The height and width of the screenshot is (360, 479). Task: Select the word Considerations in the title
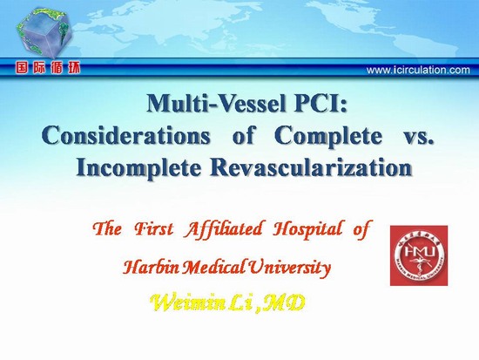[x=126, y=136]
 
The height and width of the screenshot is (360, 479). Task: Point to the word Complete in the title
[x=327, y=136]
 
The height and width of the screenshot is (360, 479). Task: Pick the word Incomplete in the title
[x=139, y=168]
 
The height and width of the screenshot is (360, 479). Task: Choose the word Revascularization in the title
[x=311, y=167]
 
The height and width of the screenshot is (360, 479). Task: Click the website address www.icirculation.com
[x=418, y=70]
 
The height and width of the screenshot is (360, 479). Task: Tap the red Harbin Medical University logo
[x=419, y=255]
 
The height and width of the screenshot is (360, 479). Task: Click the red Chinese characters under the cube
[x=48, y=68]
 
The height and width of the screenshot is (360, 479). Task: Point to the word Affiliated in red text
[x=223, y=229]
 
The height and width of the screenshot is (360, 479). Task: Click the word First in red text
[x=154, y=229]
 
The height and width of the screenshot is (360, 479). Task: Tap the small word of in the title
[x=243, y=136]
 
